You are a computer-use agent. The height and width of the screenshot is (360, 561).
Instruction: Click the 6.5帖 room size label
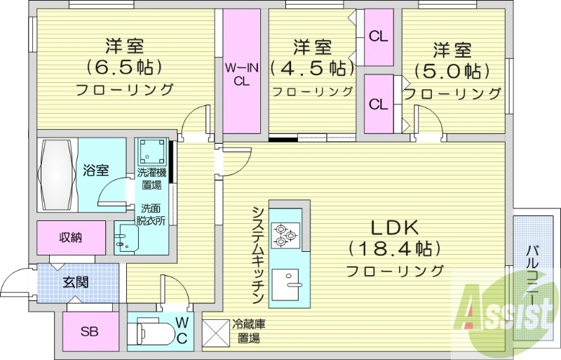[x=124, y=68]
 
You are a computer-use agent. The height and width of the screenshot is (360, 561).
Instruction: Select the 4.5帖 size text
[x=313, y=69]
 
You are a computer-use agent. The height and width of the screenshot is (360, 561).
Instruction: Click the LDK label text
[x=394, y=227]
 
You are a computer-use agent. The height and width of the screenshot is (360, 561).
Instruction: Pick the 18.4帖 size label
[x=394, y=248]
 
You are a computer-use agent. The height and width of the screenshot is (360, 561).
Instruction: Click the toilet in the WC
[x=150, y=332]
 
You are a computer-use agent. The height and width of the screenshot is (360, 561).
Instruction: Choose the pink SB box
[x=89, y=331]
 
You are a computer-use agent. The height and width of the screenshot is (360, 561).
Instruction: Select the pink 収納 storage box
[x=71, y=237]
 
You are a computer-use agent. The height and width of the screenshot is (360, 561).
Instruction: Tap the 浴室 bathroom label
[x=95, y=170]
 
